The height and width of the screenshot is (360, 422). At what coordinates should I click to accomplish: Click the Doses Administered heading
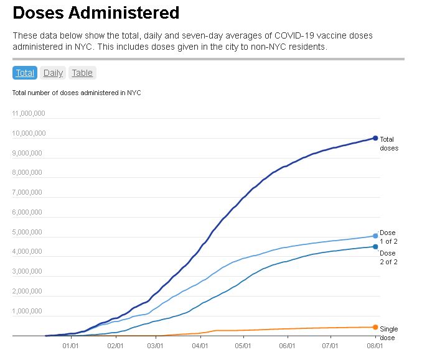[96, 12]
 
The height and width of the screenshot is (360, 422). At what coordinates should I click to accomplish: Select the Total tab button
[25, 73]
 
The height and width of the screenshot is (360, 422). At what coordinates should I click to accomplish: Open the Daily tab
[53, 73]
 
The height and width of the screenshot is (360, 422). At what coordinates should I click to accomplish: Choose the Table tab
[82, 73]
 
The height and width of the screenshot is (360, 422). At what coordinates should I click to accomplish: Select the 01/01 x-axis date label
[70, 346]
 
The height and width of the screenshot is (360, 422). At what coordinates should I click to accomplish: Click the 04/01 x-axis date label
[200, 346]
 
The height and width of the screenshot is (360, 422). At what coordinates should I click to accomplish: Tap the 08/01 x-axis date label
[373, 346]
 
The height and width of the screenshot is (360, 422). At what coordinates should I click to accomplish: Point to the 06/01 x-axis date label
[287, 346]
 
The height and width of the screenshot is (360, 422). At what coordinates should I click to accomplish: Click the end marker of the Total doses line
[375, 138]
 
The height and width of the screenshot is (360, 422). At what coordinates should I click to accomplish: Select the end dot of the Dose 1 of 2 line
[375, 236]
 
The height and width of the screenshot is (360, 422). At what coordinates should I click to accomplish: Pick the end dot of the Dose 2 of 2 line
[375, 247]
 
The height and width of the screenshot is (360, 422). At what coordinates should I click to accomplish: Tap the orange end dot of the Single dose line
[375, 327]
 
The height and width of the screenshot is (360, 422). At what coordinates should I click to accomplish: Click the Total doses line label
[388, 144]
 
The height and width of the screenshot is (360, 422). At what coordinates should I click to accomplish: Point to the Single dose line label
[388, 333]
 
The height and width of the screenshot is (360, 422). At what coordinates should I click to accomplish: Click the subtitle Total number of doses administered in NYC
[77, 93]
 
